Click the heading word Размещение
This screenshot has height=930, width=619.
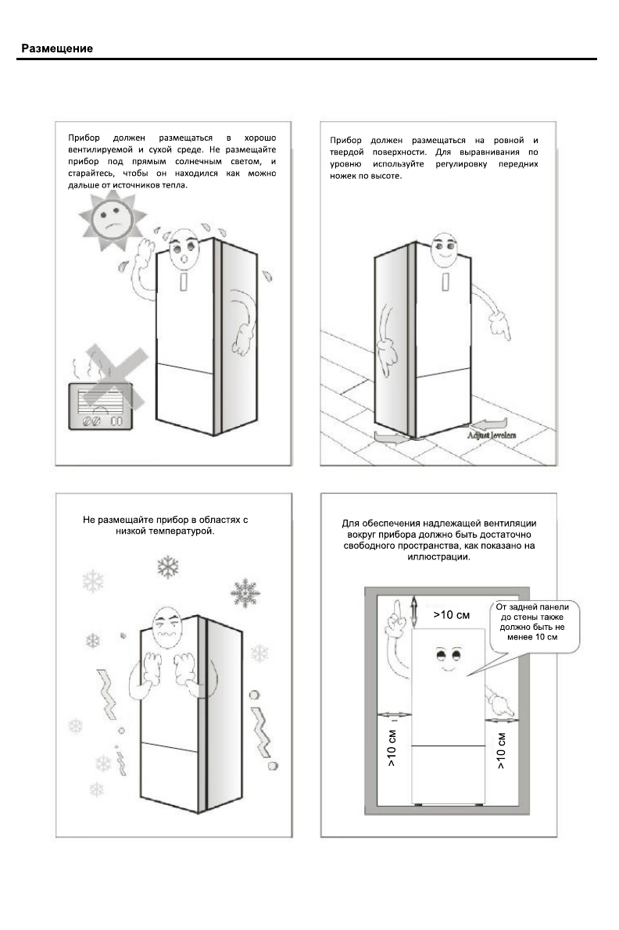(57, 49)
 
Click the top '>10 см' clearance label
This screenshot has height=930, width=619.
(451, 615)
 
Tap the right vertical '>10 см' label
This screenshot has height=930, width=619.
(501, 750)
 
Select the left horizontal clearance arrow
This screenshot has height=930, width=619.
(393, 714)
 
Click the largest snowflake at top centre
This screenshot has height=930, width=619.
(167, 567)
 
